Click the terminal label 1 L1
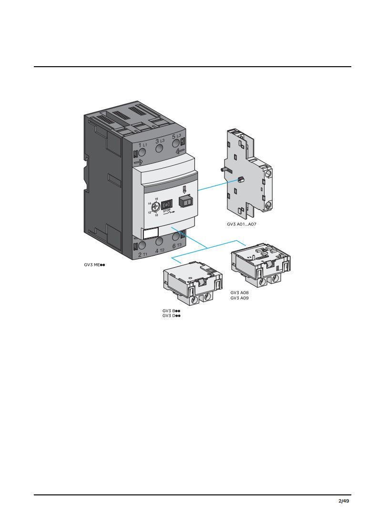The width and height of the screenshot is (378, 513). pos(143,145)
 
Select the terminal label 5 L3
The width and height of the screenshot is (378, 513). pos(176,136)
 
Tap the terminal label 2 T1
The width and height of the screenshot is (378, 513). pos(143,254)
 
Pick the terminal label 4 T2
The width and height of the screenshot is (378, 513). pos(160,251)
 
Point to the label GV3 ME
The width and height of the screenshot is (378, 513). pos(94,265)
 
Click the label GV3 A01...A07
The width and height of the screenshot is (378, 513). pos(242,224)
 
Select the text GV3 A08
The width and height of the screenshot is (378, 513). pos(240,293)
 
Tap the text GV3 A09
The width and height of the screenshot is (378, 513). pos(240,298)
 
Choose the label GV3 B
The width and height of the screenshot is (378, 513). pos(171,311)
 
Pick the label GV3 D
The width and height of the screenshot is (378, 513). pos(171,316)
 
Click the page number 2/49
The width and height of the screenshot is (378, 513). pos(344,501)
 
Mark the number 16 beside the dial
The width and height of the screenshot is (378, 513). pos(156,199)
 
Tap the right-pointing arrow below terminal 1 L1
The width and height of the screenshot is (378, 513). pos(139,161)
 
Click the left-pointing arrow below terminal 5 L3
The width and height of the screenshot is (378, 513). pos(180,151)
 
